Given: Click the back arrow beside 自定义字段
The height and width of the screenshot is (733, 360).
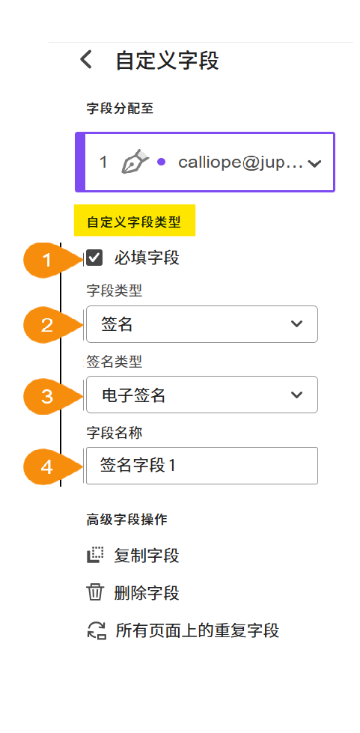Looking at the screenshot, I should [x=87, y=60].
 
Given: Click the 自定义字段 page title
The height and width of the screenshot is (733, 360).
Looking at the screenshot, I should [x=167, y=61].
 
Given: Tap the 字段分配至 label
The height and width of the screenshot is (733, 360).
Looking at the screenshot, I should [x=120, y=108].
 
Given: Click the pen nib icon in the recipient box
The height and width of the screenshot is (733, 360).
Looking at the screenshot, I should [x=135, y=162].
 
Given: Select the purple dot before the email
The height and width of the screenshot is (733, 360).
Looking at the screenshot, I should [x=161, y=162].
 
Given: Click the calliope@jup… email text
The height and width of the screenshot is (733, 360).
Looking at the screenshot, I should [x=240, y=162].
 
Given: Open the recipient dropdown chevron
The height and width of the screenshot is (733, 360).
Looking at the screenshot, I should [x=315, y=163].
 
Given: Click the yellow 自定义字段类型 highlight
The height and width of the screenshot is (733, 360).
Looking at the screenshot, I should [x=134, y=222].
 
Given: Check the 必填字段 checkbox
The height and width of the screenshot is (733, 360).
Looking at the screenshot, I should [x=94, y=259].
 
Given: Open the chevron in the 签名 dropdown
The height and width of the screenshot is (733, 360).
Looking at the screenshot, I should [x=296, y=324].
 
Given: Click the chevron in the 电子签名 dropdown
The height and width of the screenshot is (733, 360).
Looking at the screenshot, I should [x=296, y=395].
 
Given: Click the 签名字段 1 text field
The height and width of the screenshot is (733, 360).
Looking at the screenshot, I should [x=201, y=466].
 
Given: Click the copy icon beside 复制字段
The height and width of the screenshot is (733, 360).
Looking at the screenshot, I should [x=95, y=556].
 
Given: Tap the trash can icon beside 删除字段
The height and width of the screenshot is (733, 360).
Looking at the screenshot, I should [x=95, y=593].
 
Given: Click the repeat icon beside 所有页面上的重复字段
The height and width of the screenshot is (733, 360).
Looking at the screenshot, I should [x=95, y=630].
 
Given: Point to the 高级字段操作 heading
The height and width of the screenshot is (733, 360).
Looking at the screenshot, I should [x=126, y=520].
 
